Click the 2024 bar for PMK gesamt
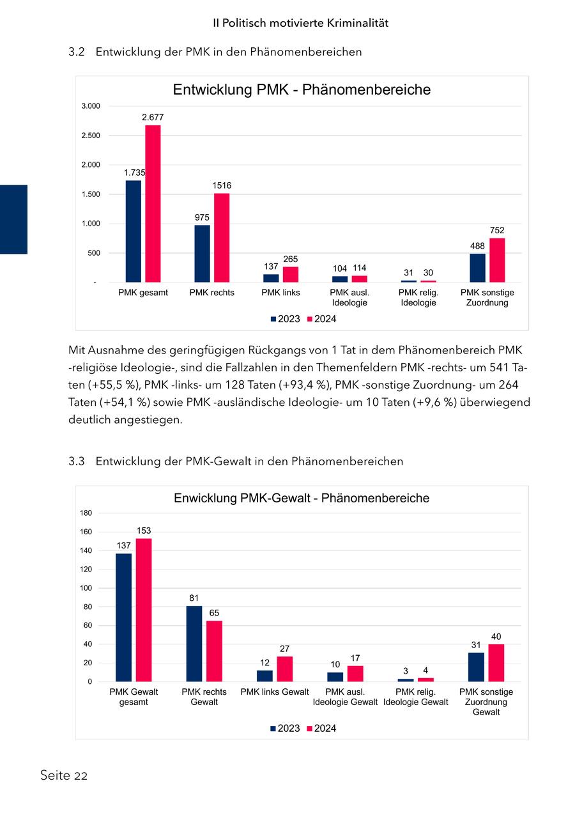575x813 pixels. tap(153, 203)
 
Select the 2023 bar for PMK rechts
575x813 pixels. tap(202, 253)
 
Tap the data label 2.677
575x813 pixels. tap(153, 117)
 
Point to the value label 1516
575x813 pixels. tap(222, 185)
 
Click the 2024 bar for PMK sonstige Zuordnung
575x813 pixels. tap(497, 259)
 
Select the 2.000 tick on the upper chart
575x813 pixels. tap(90, 165)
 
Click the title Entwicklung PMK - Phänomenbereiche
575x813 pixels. tap(302, 89)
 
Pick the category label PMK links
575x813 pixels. tap(280, 293)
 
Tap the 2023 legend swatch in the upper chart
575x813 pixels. tap(273, 319)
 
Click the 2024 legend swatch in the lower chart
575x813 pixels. tap(310, 729)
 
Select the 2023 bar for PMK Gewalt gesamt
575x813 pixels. tap(123, 617)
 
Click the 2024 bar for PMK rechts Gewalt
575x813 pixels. tap(214, 651)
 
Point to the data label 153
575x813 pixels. tap(144, 530)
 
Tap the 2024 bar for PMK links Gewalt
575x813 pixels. tap(285, 669)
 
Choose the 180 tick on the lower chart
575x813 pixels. tap(86, 513)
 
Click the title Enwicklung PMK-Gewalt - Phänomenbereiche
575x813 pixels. tap(302, 498)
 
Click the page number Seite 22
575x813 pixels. tap(63, 776)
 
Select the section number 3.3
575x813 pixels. tap(76, 461)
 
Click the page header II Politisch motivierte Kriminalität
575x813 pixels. tap(301, 23)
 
